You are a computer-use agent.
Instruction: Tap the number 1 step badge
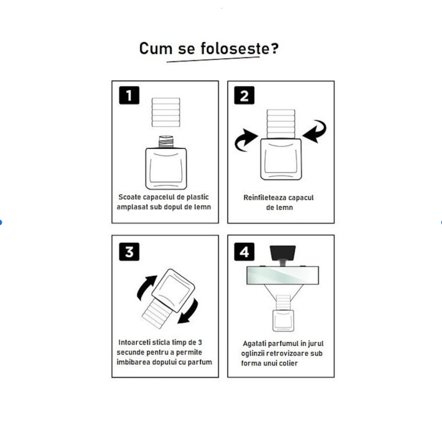point(129,95)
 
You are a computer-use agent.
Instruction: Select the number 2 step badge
point(244,95)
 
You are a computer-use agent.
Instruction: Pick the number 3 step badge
point(129,252)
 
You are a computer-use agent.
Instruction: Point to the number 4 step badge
point(244,252)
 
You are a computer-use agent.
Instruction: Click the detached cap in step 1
point(166,112)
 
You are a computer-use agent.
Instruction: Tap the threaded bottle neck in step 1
point(166,142)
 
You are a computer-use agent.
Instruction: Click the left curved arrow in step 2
point(245,140)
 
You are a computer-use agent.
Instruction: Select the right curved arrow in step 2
point(315,131)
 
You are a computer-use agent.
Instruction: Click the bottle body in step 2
point(281,159)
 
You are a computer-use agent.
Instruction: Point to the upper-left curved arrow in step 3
point(146,288)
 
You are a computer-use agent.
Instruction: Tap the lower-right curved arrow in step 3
point(188,312)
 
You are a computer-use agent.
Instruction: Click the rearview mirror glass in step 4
point(283,275)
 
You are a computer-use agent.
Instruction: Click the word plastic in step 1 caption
point(198,197)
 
